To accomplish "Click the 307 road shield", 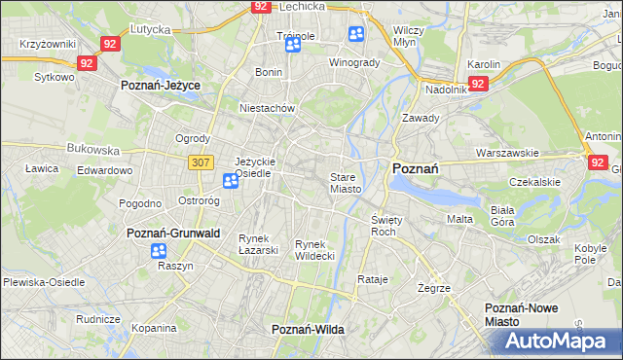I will (x=201, y=162).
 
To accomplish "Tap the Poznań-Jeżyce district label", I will (x=160, y=86).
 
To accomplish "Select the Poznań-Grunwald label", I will (x=173, y=234).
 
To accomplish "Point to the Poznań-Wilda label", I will (x=308, y=330).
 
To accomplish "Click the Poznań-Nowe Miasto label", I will (x=522, y=314).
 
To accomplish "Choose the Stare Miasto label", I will (x=346, y=183).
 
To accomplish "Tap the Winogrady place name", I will (x=354, y=63).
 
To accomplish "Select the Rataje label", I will (x=373, y=280).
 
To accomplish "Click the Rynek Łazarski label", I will (x=258, y=244).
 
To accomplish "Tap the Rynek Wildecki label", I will (x=314, y=249).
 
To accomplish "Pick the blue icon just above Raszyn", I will (x=159, y=251).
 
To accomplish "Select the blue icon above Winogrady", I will (x=355, y=35).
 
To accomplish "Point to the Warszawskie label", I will (x=507, y=153).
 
